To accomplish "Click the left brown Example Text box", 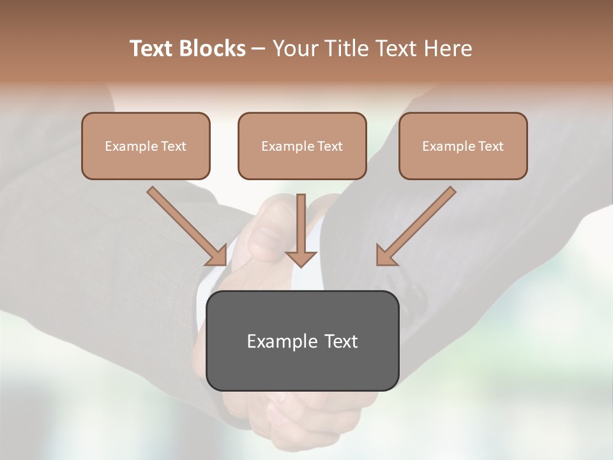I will tap(146, 146).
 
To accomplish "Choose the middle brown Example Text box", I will tap(302, 146).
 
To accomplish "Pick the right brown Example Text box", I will tap(463, 146).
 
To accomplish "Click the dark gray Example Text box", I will tap(303, 341).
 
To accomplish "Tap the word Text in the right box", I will tap(491, 146).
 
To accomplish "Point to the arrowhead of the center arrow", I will tap(301, 257).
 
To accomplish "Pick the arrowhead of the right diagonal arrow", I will tap(384, 256).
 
